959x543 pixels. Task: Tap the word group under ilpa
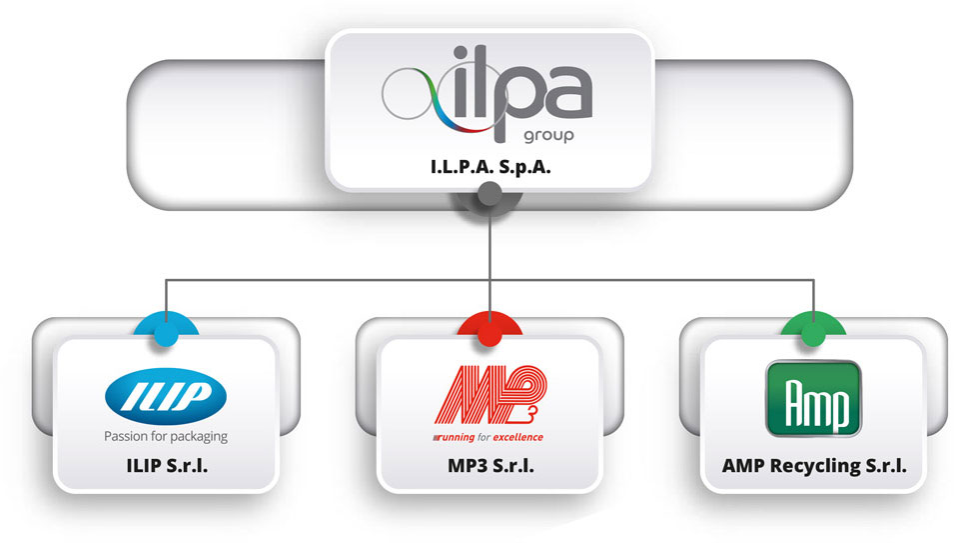click(x=548, y=133)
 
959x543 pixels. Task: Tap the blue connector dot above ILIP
click(x=165, y=332)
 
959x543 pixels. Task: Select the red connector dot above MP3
click(x=489, y=332)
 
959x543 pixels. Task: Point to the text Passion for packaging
click(x=166, y=436)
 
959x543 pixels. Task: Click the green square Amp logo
click(x=812, y=398)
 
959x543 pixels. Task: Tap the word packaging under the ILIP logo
click(x=198, y=436)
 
